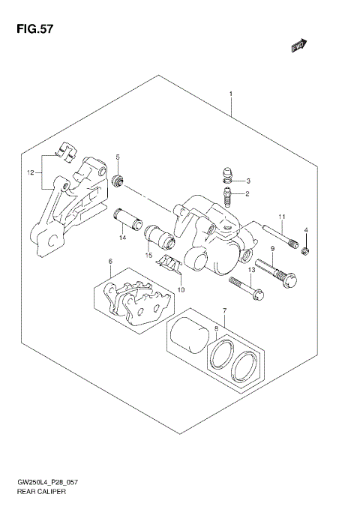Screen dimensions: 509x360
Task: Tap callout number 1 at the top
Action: coord(231,94)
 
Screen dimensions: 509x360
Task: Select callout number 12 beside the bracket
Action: coord(30,172)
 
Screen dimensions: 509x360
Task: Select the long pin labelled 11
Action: coord(280,237)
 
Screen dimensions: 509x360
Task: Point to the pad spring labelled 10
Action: coord(172,265)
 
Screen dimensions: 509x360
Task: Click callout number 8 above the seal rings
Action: coord(217,328)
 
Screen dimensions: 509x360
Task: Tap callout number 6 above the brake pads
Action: coord(110,262)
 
